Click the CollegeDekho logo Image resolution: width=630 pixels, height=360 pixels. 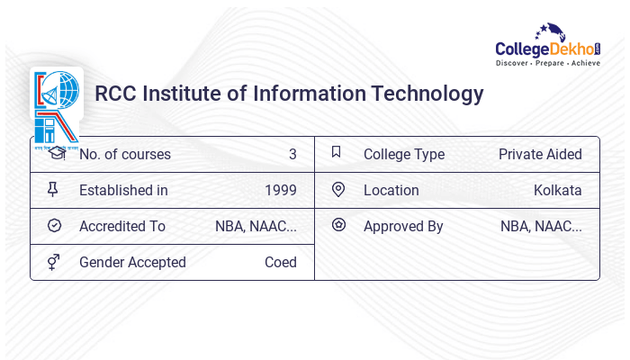[548, 48]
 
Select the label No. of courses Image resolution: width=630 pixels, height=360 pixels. [124, 154]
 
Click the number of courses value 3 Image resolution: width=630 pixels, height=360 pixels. [292, 154]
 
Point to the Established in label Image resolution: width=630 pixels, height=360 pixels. [123, 190]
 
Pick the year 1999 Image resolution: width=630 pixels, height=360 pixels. [281, 190]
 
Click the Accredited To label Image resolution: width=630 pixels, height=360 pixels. [122, 226]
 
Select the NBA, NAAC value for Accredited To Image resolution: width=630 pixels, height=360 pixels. [256, 226]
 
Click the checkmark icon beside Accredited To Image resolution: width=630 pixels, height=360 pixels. [55, 226]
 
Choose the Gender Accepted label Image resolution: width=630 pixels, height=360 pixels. [132, 262]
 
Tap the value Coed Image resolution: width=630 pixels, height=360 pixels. [281, 262]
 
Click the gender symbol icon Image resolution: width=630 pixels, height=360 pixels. [55, 262]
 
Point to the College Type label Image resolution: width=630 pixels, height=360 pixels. [404, 154]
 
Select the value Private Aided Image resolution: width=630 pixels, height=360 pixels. [540, 154]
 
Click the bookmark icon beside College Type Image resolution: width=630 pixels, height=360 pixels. [337, 153]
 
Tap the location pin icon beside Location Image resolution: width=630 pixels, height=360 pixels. [338, 189]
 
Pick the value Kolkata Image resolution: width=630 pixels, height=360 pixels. [557, 190]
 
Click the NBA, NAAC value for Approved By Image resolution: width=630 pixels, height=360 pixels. [541, 226]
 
